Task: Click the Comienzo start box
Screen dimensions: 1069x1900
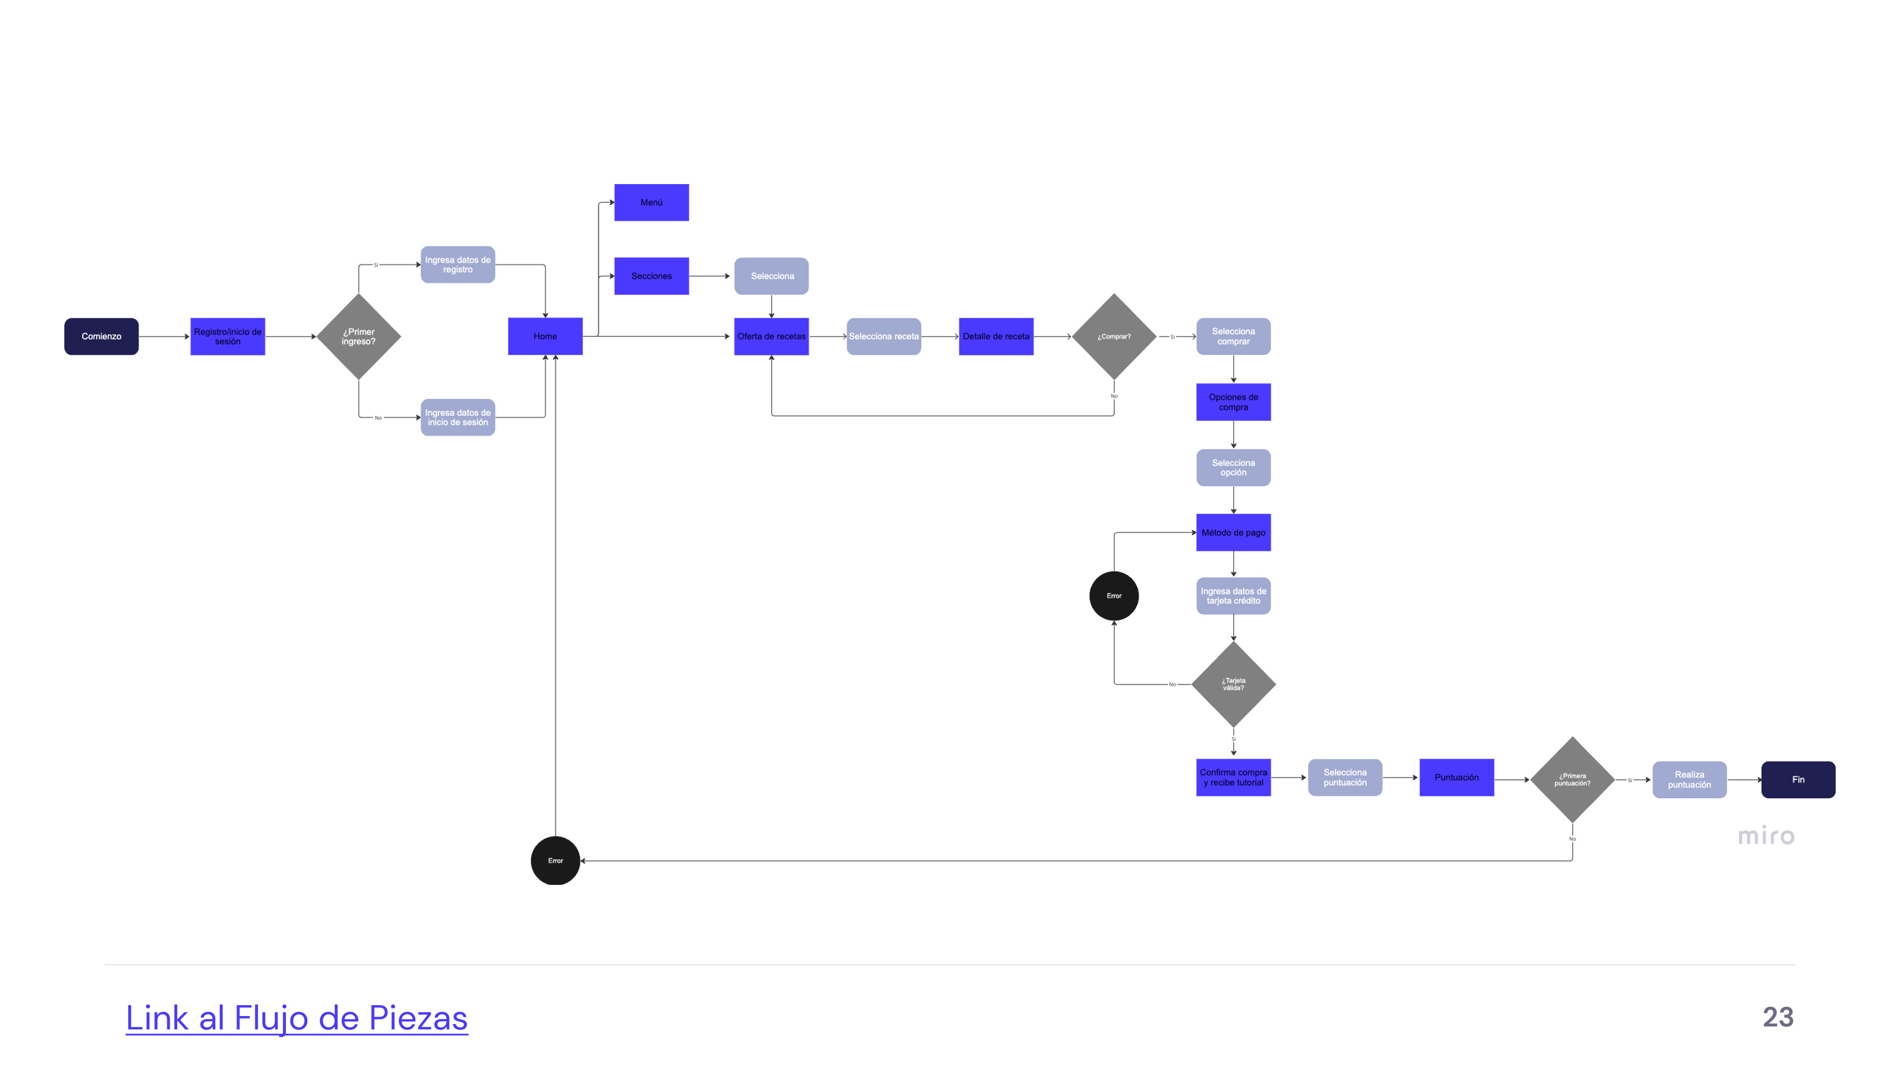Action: coord(101,337)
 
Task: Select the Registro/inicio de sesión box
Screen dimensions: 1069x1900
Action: coord(227,337)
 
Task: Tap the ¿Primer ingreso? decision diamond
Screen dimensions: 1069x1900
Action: coord(358,337)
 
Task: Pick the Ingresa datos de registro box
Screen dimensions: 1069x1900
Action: coord(457,265)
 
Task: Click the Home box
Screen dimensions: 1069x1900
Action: coord(545,337)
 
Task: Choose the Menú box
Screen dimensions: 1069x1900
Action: coord(651,202)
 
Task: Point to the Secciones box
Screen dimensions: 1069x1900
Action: coord(651,276)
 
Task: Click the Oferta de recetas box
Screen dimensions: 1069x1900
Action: coord(771,337)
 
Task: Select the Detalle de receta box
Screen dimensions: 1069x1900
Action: coord(996,337)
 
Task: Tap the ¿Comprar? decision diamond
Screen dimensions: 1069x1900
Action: coord(1114,337)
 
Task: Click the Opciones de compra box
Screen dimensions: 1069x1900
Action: coord(1233,402)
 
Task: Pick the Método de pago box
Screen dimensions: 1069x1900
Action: coord(1233,533)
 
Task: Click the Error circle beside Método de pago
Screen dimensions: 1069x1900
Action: coord(1114,596)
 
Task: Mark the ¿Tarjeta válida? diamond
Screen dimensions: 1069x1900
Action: coord(1233,684)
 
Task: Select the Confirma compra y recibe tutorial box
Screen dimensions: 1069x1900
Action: coord(1233,777)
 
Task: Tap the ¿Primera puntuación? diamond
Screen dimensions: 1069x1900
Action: coord(1572,780)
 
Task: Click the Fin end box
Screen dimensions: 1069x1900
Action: coord(1798,780)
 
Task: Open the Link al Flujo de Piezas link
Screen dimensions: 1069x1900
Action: coord(296,1018)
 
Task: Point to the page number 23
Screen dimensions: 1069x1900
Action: coord(1778,1018)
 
